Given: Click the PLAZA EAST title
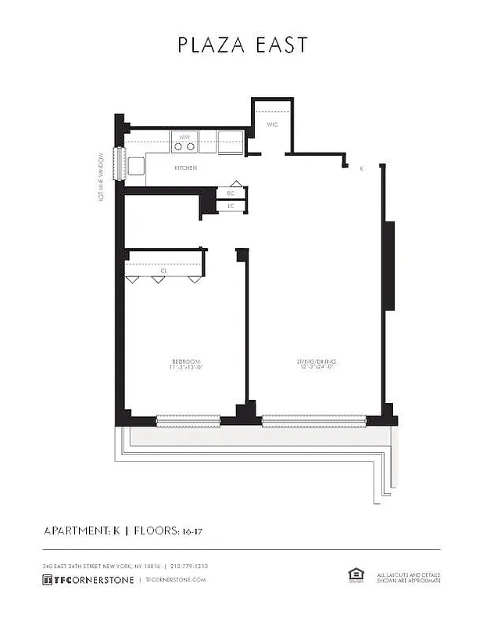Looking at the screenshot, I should pyautogui.click(x=242, y=45).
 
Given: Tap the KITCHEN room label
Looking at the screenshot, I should pyautogui.click(x=185, y=168).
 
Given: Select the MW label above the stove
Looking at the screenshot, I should pyautogui.click(x=185, y=137).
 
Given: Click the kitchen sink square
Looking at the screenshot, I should pyautogui.click(x=136, y=166).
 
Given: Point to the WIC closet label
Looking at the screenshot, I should pyautogui.click(x=272, y=124).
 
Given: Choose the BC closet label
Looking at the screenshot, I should pyautogui.click(x=231, y=193).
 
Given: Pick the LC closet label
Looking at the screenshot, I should pyautogui.click(x=231, y=207).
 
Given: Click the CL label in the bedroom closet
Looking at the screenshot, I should pyautogui.click(x=164, y=271).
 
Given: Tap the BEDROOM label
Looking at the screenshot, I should pyautogui.click(x=187, y=362).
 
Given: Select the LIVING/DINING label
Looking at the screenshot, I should pyautogui.click(x=316, y=362).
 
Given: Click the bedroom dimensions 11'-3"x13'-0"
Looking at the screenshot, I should pyautogui.click(x=187, y=368).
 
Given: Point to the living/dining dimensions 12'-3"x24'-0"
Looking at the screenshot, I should pyautogui.click(x=316, y=368).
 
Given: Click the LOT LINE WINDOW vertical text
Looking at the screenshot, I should pyautogui.click(x=102, y=176).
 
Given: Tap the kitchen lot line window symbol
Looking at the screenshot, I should pyautogui.click(x=120, y=164).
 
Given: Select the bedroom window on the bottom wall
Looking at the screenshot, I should pyautogui.click(x=188, y=421).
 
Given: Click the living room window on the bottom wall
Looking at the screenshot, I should pyautogui.click(x=313, y=421).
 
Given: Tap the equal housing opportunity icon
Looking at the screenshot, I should pyautogui.click(x=356, y=574).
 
